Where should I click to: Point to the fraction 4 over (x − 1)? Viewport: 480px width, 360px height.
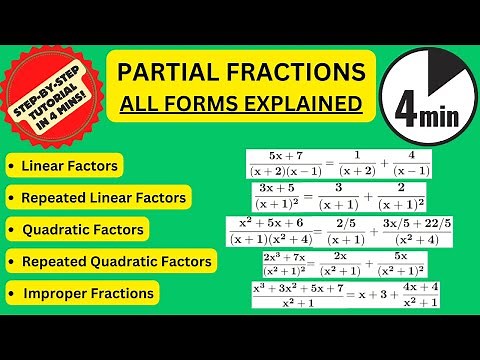click(412, 163)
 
